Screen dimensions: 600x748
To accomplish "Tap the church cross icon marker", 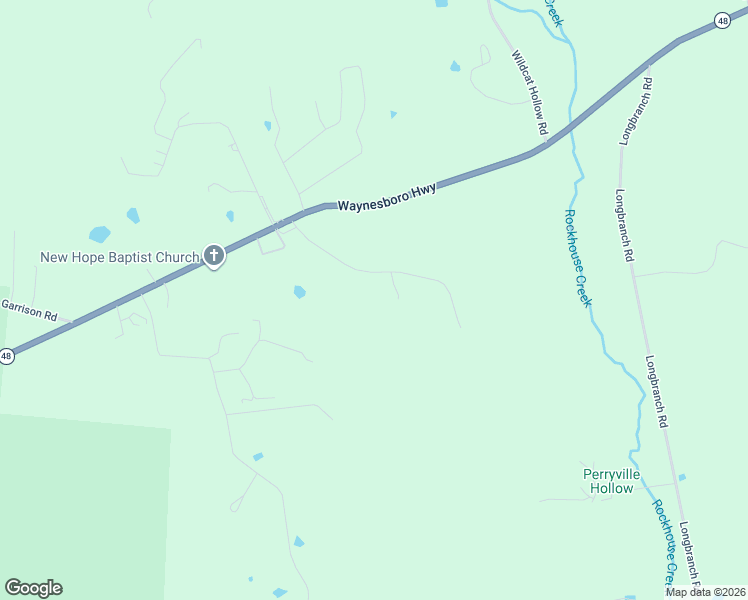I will pos(213,257).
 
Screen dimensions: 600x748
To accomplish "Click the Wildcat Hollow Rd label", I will pos(529,93).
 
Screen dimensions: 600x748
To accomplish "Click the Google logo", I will pos(33,588).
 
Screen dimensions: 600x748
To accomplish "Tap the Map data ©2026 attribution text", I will pos(705,592).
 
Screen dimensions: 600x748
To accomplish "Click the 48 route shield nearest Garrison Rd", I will pos(6,355).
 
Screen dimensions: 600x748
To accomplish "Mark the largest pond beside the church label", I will pos(99,235).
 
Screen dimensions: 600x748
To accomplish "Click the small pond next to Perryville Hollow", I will pos(682,478).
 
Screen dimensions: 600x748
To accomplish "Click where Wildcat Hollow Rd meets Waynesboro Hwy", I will pos(545,146).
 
